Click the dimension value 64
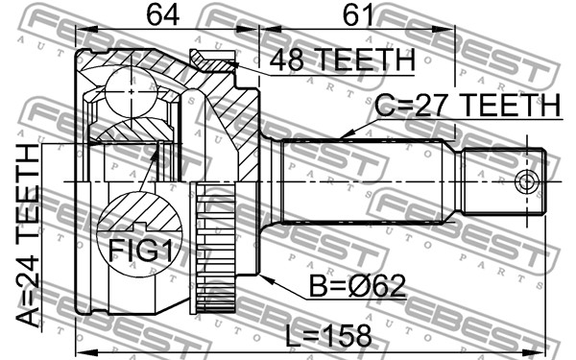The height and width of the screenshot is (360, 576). pyautogui.click(x=163, y=14)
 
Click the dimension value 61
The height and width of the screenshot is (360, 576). pyautogui.click(x=357, y=14)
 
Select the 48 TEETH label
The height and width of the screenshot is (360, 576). pyautogui.click(x=342, y=60)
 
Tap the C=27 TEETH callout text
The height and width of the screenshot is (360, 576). pyautogui.click(x=468, y=106)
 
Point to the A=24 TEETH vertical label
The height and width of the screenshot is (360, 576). pyautogui.click(x=28, y=235)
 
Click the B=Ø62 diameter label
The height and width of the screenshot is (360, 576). pyautogui.click(x=357, y=286)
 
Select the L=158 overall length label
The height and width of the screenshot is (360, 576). pyautogui.click(x=328, y=336)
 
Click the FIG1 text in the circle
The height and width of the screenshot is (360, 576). pyautogui.click(x=140, y=251)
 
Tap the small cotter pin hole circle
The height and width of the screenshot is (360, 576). pyautogui.click(x=526, y=181)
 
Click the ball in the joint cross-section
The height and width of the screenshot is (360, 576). pyautogui.click(x=132, y=91)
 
